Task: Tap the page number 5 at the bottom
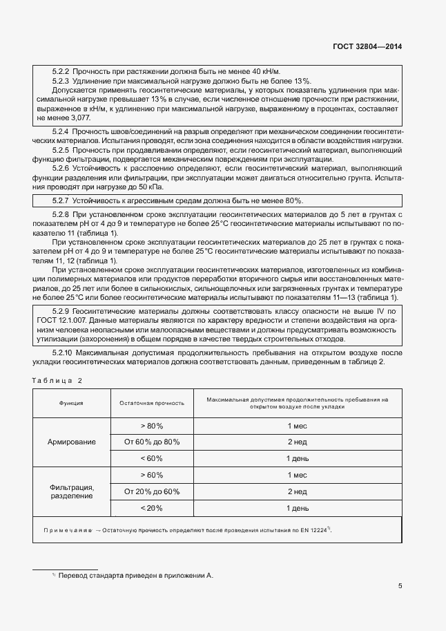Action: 400,585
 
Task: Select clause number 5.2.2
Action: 61,72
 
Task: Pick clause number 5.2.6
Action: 61,169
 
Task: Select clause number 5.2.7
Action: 61,200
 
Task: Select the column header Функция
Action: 71,402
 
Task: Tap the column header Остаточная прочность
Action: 152,402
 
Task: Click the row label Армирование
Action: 71,441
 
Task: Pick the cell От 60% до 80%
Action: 152,441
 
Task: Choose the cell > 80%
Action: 152,425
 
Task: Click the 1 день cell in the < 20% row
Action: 297,508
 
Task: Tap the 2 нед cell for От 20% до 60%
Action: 297,491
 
